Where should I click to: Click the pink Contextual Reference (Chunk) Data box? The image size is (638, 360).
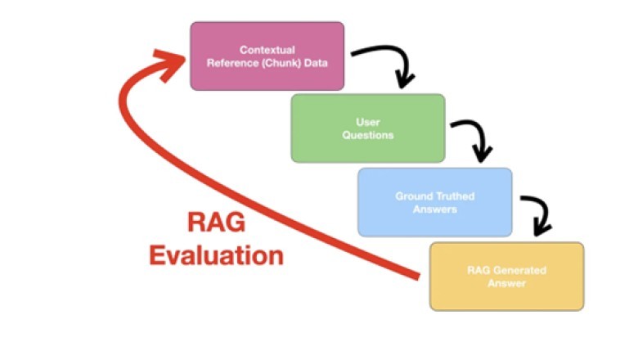click(x=267, y=56)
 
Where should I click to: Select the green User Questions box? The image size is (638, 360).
click(x=368, y=128)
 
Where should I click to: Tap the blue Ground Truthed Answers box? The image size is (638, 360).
click(x=434, y=202)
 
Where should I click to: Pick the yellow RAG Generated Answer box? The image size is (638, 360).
click(x=506, y=277)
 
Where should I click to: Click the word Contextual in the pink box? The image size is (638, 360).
click(x=267, y=50)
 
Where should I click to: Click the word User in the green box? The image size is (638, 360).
click(x=368, y=122)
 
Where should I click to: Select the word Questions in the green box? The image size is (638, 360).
click(x=368, y=135)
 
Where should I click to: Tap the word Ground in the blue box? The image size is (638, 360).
click(x=414, y=196)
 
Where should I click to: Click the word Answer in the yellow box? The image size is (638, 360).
click(x=506, y=283)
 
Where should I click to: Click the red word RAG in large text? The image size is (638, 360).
click(x=215, y=223)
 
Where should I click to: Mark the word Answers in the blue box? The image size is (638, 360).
click(x=434, y=209)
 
